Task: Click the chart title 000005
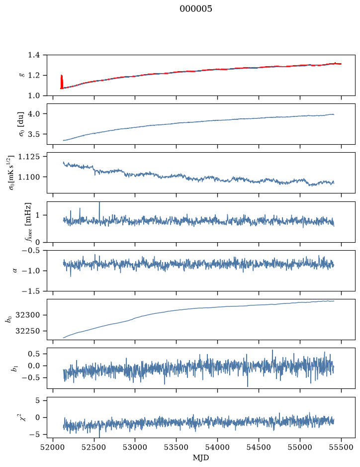coord(195,9)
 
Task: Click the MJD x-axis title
coord(201,458)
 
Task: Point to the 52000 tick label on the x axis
coord(53,447)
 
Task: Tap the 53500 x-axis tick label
coord(177,447)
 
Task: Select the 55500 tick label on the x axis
coord(341,447)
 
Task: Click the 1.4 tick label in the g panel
coord(34,55)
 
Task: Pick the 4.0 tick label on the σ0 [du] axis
coord(34,114)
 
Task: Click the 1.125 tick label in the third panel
coord(29,156)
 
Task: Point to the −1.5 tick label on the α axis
coord(31,291)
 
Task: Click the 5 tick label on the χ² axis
coord(37,400)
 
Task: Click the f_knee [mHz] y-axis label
coord(28,222)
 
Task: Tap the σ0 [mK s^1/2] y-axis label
coord(11,173)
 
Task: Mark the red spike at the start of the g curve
coord(62,82)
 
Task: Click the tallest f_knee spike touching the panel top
coord(99,212)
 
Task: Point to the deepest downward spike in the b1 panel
coord(248,377)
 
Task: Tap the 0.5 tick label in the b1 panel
coord(34,354)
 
